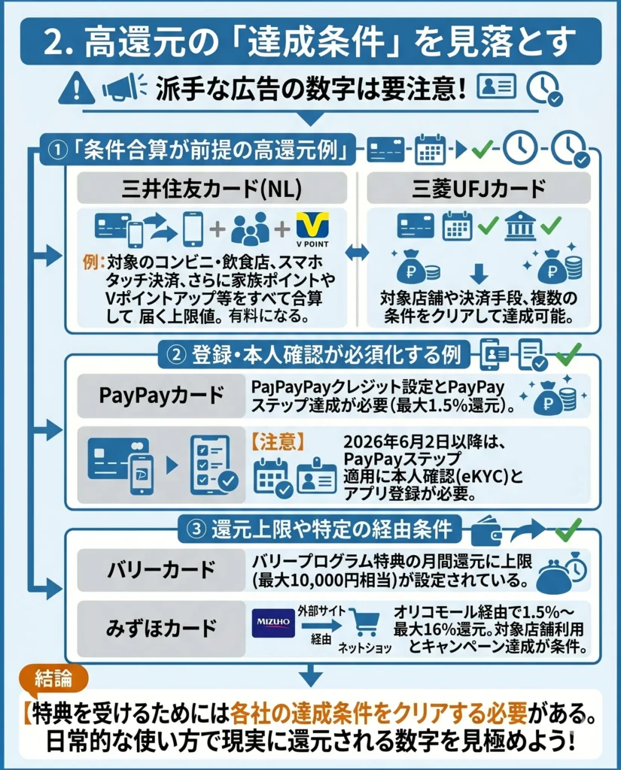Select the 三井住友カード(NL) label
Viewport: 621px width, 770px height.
point(212,189)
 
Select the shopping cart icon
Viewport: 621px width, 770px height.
point(364,625)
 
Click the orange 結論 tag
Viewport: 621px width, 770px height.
point(53,678)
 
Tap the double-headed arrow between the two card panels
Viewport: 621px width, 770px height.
point(356,253)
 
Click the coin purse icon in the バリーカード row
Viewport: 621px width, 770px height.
point(558,574)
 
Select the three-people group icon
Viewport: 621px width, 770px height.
point(250,229)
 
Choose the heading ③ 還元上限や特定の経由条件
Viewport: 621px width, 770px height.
point(315,529)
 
